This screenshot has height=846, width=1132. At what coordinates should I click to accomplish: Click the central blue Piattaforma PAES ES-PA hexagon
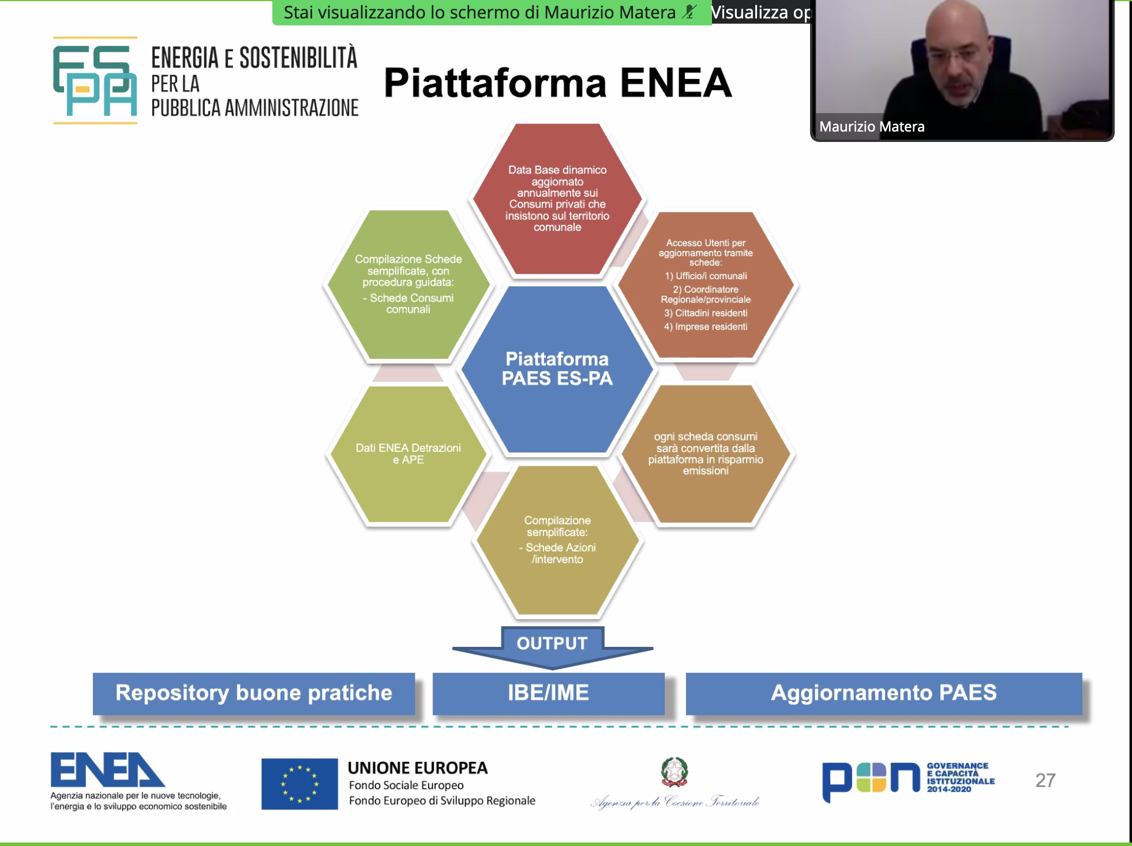coord(557,369)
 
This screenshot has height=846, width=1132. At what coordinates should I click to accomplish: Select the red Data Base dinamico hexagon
coord(557,199)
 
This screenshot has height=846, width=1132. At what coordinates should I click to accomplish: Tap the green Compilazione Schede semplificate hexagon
coord(408,285)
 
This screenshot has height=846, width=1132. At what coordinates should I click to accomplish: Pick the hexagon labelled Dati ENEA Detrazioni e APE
coord(408,454)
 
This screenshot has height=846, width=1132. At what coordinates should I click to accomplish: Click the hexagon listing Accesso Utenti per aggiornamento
coord(706,285)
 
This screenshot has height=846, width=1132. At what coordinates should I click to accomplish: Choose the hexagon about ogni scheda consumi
coord(706,454)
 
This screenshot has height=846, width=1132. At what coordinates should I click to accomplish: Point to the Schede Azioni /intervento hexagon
coord(557,540)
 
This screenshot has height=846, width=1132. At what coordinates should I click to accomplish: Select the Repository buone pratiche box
coord(254,693)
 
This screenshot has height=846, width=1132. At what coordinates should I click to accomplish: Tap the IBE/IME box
coord(549,693)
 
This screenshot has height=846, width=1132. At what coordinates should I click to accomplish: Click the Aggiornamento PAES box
coord(884,693)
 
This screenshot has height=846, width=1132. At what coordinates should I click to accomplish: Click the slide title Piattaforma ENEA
coord(558,83)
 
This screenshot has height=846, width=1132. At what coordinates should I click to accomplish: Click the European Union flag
coord(299,784)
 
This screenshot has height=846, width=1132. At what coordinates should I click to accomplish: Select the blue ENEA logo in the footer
coord(107,769)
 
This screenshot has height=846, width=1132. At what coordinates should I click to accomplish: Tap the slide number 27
coord(1045,780)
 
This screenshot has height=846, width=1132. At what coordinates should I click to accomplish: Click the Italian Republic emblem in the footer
coord(674,772)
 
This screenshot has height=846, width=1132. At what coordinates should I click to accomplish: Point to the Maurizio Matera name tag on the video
coord(872,127)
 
